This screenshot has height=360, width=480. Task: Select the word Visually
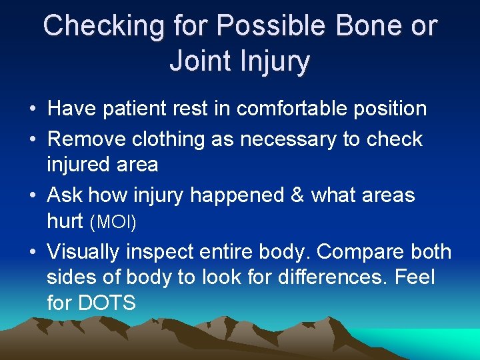[87, 252]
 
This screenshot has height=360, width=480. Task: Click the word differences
[319, 277]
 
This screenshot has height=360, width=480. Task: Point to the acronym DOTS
[106, 303]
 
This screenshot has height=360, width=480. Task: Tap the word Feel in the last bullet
[415, 277]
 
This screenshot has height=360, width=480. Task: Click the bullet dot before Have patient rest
[33, 109]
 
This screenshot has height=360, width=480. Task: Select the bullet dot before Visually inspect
[33, 253]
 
